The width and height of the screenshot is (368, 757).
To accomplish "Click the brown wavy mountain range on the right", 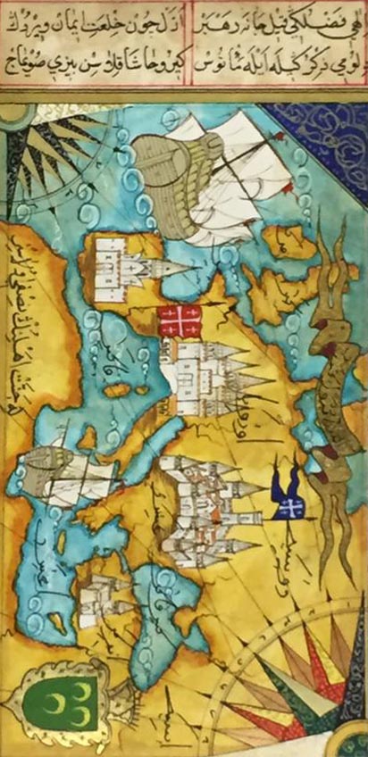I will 330,357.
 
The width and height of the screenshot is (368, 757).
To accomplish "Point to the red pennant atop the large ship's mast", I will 280,137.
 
